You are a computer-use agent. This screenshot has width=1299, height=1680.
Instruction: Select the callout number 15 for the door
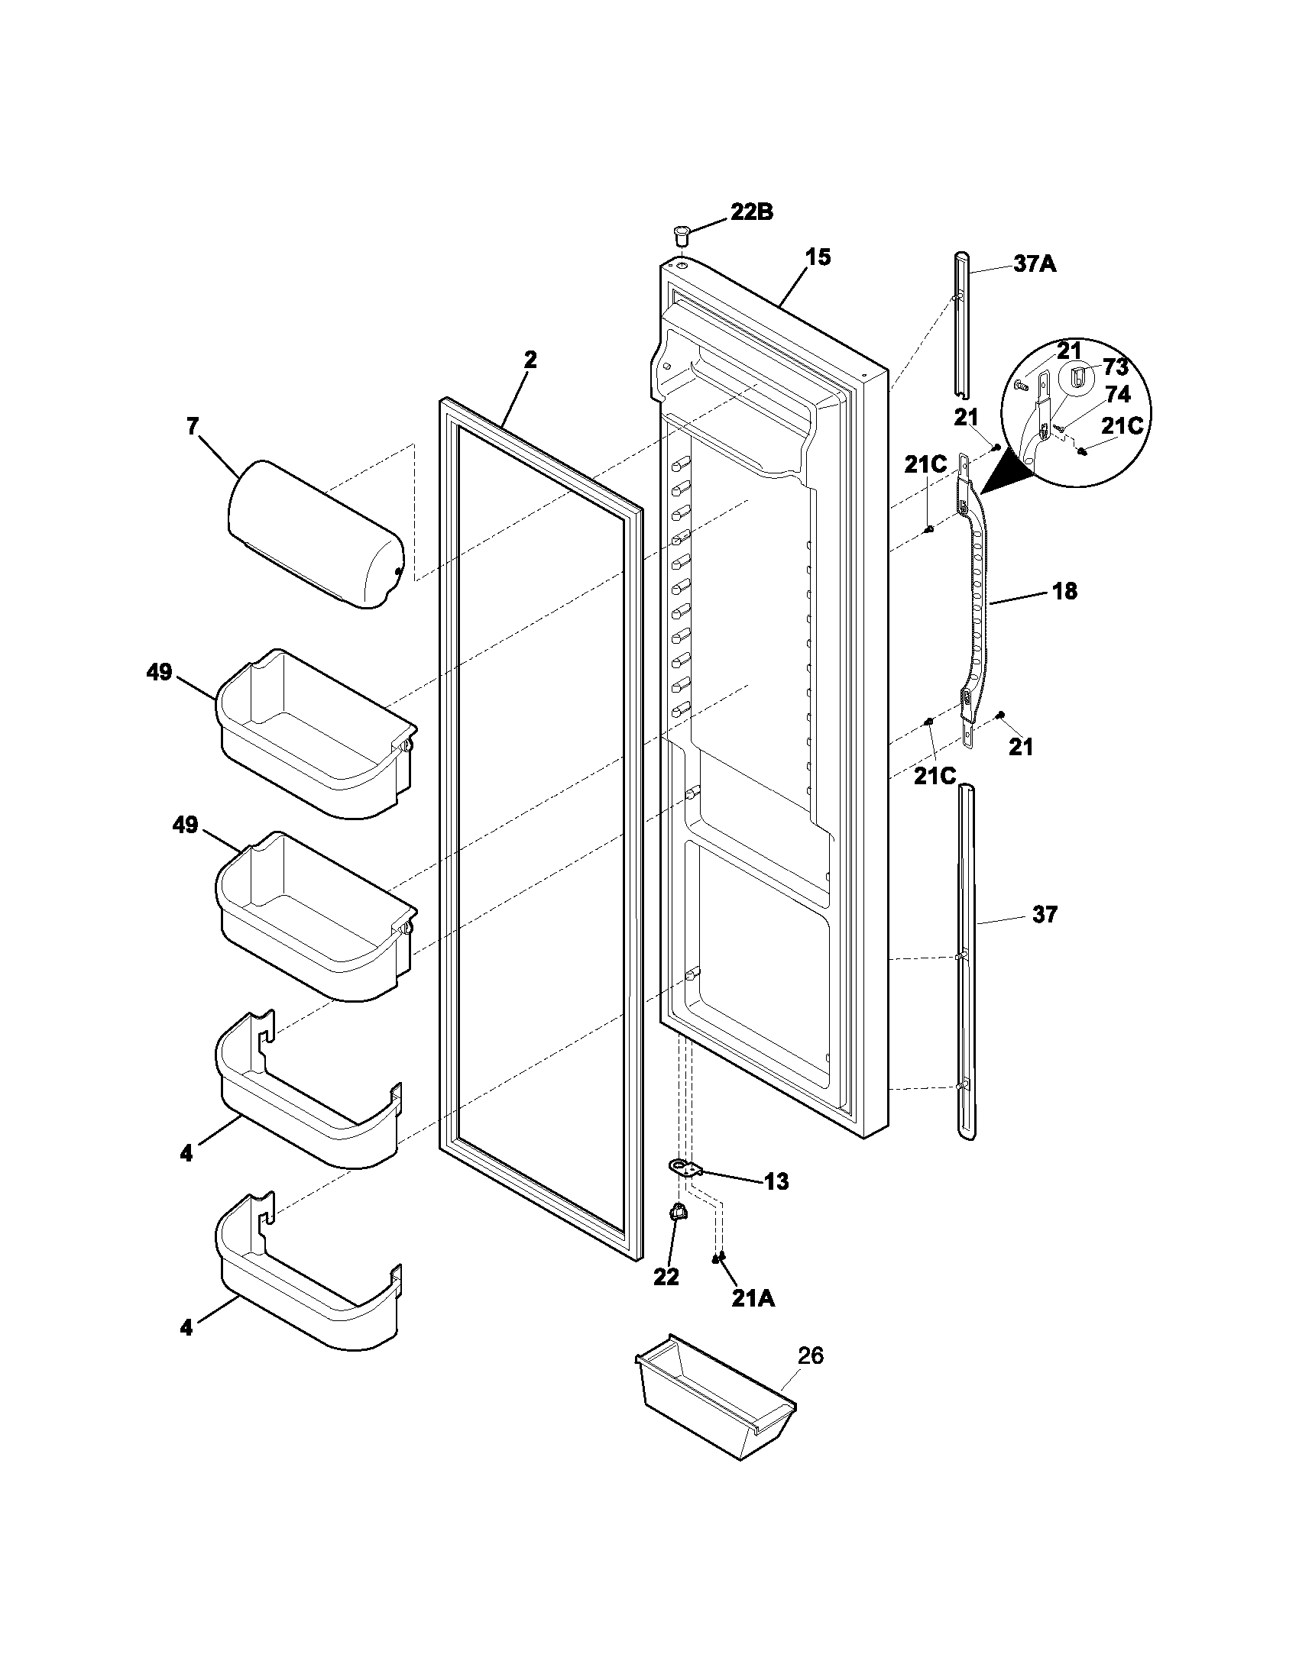click(x=818, y=257)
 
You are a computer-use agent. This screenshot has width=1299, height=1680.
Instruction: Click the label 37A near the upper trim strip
click(x=1035, y=265)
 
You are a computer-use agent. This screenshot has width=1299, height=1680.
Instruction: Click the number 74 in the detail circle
click(x=1117, y=395)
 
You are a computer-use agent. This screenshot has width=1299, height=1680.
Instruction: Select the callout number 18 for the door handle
click(x=1064, y=592)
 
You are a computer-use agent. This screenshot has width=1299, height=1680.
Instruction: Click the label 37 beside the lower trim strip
click(x=1045, y=915)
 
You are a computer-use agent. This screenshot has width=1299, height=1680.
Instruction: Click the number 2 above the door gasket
click(x=530, y=359)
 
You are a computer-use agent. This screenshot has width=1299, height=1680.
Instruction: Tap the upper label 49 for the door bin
click(x=159, y=672)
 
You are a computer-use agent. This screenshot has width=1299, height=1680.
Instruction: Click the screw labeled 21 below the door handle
click(x=1001, y=716)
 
